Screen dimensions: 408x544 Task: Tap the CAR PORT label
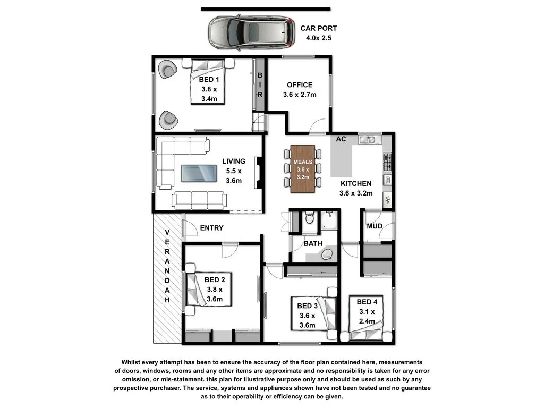[x=319, y=29]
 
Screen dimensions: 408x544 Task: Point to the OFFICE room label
[x=300, y=85]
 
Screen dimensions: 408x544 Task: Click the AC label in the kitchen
[x=341, y=139]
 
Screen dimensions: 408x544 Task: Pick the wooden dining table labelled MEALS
[x=303, y=168]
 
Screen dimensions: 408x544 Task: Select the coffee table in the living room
[x=199, y=173]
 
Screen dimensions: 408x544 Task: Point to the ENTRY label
[x=211, y=228]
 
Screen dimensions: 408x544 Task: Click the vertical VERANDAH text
[x=167, y=266]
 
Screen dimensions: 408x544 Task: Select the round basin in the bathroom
[x=329, y=254]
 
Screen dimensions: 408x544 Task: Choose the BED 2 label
[x=215, y=279]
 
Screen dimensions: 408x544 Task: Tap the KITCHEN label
[x=356, y=184]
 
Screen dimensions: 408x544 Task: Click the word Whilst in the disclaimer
[x=133, y=362]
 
